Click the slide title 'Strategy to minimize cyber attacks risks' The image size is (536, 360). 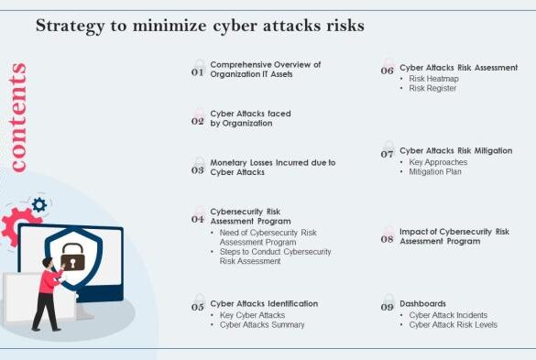200,26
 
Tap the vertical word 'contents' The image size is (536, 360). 17,117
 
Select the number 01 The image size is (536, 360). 197,71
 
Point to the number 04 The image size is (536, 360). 197,219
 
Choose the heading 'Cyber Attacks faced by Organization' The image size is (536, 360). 250,118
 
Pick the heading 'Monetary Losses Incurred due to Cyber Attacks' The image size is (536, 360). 272,167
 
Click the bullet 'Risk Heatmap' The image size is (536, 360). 433,79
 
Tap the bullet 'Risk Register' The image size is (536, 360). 433,89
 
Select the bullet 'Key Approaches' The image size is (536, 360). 438,162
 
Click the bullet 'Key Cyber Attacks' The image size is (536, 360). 252,314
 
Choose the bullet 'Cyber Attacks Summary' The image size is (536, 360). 262,324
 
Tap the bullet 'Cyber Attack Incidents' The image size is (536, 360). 450,314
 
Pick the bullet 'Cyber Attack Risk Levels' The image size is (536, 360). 453,324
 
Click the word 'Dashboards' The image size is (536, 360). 422,303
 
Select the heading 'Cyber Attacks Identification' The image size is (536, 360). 264,303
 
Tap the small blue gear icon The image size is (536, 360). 39,204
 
